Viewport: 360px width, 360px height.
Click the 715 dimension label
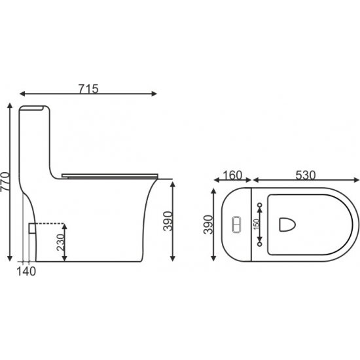coord(88,88)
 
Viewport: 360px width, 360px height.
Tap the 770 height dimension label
coord(5,181)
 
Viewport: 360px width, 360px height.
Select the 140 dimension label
coord(26,272)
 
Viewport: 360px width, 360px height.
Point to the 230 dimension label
coord(61,242)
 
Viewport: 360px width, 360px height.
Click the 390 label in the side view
coord(168,221)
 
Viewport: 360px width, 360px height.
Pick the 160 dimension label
coord(232,175)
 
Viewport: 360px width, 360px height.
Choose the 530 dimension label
coord(306,175)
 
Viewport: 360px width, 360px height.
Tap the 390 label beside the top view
coord(208,225)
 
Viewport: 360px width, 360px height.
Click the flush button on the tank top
coord(237,225)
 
